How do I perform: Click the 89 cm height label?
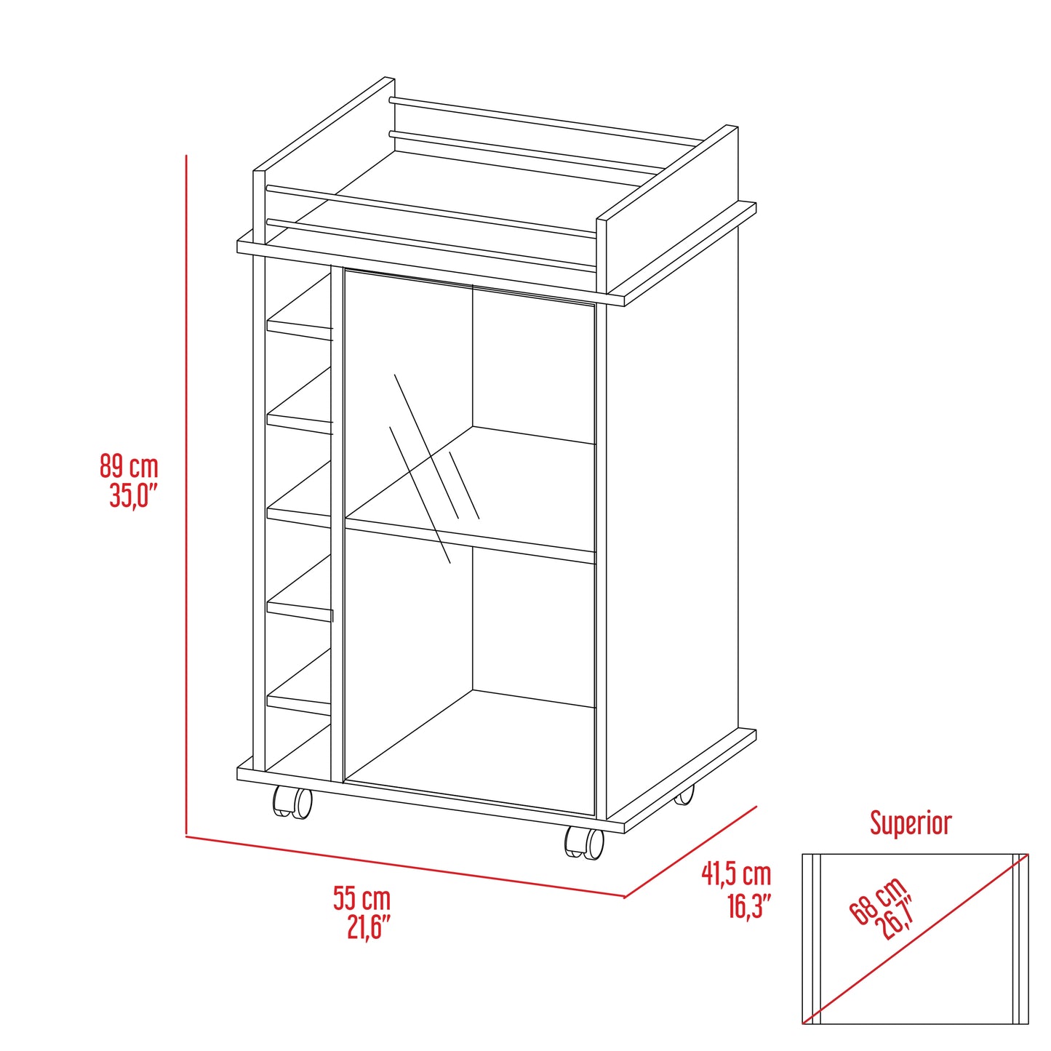129,466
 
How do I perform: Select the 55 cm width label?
361,898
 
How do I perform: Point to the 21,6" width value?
369,928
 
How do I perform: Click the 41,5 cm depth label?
735,874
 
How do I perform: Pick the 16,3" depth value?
748,906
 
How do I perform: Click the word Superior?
911,823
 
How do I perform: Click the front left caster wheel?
292,802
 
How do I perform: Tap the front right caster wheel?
585,842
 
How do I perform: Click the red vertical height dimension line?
186,495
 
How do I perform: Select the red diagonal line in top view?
915,939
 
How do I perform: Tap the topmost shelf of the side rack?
300,326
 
